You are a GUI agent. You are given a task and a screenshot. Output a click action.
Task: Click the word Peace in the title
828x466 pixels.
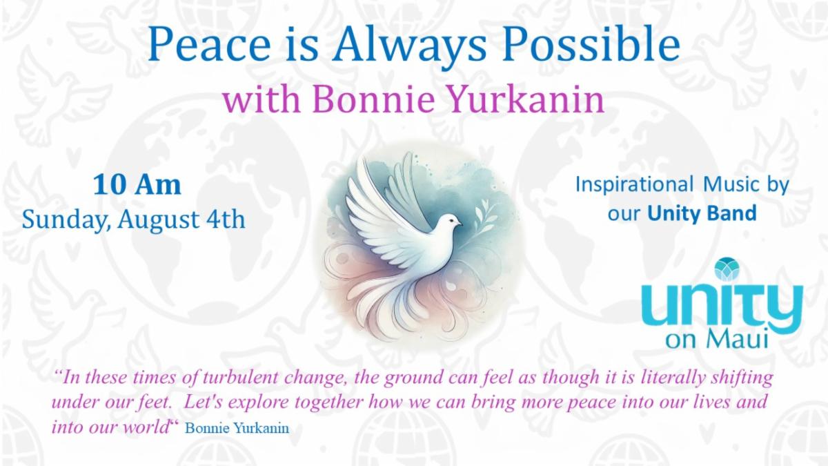coord(210,43)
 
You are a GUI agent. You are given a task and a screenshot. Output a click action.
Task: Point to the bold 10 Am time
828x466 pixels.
coord(137,184)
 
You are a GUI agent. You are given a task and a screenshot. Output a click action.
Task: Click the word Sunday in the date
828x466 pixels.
coord(66,220)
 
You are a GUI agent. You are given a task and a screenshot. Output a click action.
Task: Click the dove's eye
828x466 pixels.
coord(451,220)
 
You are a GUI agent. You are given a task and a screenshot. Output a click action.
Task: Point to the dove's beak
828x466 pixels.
coord(460,224)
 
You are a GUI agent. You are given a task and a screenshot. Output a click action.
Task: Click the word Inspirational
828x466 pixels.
coord(634,185)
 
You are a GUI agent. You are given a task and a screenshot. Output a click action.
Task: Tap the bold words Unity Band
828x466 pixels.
coord(702,214)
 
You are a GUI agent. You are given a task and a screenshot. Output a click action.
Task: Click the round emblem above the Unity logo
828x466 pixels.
coord(727,269)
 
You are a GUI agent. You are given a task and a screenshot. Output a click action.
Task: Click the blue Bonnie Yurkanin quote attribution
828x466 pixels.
coord(237,428)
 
